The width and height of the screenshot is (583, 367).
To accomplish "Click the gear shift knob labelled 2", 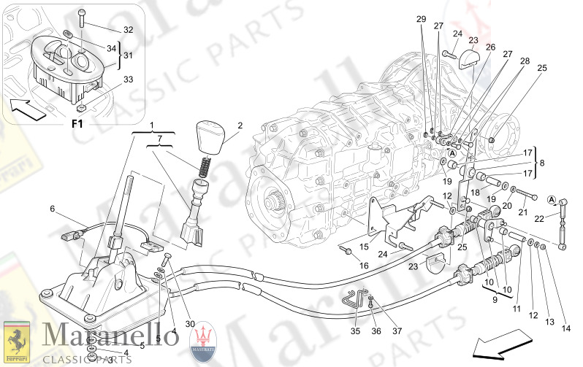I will click(212, 138).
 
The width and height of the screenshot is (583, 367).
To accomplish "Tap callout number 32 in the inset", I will click(128, 30).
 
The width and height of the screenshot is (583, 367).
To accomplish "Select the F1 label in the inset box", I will click(77, 123).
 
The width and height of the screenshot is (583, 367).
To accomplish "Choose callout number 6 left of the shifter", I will click(53, 209).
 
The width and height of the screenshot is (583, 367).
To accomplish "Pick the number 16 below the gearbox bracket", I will click(364, 266).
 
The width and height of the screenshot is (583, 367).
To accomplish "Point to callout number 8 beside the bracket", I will click(541, 163).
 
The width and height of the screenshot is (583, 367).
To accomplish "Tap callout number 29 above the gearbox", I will click(421, 18).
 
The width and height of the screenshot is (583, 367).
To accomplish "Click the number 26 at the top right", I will click(490, 47).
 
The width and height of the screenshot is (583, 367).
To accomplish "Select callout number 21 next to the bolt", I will click(522, 212).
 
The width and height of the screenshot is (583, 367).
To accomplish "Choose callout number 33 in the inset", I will click(128, 80).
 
